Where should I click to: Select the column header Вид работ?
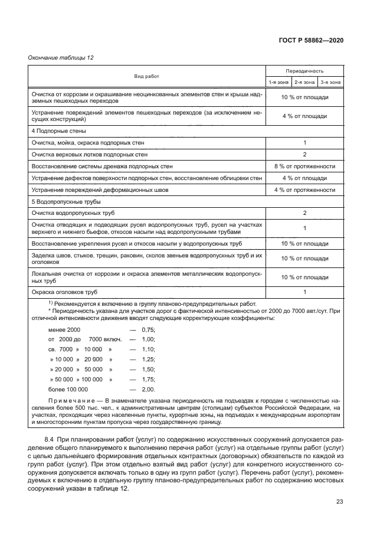[146, 77]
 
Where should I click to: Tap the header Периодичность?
[304, 70]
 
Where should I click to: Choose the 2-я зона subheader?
[304, 83]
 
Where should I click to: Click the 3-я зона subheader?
[330, 83]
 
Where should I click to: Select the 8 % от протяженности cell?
[304, 166]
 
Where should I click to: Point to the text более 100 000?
[68, 390]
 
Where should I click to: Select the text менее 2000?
[64, 330]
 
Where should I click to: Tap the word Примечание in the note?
[70, 401]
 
